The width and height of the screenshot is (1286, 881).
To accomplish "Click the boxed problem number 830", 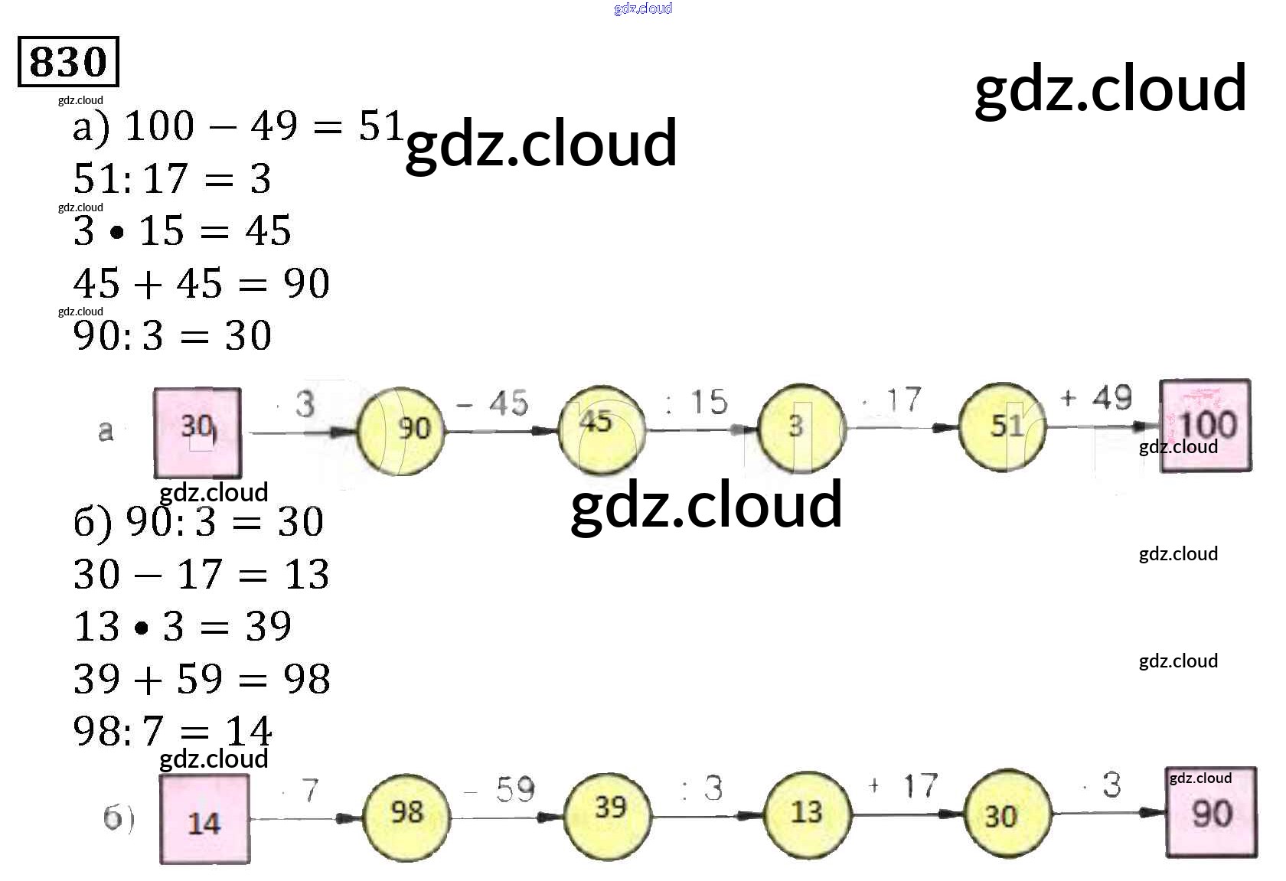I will tap(68, 61).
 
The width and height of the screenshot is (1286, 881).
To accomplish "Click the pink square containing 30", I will tap(197, 432).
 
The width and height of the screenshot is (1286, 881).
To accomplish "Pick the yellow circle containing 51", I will tap(1002, 427).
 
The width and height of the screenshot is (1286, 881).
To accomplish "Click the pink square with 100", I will tap(1206, 426).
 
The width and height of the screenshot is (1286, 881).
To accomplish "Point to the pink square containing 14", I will tap(204, 819).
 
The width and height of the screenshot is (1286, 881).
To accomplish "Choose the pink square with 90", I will tap(1211, 813).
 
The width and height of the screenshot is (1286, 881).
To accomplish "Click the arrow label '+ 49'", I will tap(1095, 398).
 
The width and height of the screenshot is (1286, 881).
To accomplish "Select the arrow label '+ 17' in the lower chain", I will tap(902, 786).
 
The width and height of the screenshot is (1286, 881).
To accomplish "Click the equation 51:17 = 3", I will tap(172, 179).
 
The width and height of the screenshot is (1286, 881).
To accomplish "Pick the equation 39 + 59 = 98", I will tap(201, 679).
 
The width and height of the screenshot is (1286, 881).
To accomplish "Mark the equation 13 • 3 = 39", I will tap(182, 626).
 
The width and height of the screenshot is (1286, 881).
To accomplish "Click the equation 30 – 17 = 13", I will tap(201, 574).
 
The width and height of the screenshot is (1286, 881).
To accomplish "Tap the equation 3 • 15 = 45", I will tap(182, 231).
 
